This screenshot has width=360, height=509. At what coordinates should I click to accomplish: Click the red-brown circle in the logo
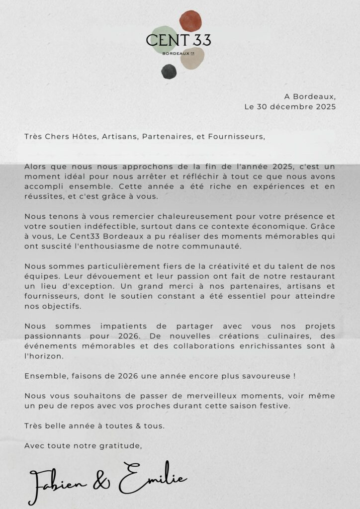point(191,20)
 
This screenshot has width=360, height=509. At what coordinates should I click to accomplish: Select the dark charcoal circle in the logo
point(169,72)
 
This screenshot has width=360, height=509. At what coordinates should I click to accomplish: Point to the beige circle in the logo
point(192,59)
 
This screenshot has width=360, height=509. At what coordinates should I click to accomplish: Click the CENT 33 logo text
point(179,40)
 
